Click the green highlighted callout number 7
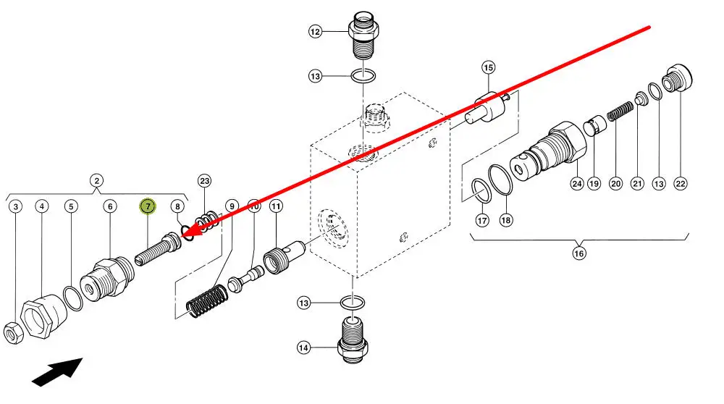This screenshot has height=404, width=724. tap(148, 206)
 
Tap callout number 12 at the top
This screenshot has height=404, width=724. tap(315, 31)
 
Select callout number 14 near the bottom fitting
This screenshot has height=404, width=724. tap(303, 348)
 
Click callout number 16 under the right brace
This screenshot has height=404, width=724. tap(579, 253)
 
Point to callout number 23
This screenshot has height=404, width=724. tap(205, 181)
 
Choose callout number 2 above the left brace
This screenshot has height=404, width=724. tap(96, 180)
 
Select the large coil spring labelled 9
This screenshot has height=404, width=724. tap(207, 301)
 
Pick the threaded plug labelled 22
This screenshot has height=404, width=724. tap(677, 78)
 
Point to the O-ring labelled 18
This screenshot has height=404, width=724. tap(500, 180)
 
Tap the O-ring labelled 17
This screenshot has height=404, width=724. tap(481, 190)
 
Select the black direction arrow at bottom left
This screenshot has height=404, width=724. tap(58, 371)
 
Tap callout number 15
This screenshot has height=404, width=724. tap(488, 68)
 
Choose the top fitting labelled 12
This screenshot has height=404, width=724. tap(363, 36)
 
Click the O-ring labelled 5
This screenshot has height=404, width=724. tap(73, 298)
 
